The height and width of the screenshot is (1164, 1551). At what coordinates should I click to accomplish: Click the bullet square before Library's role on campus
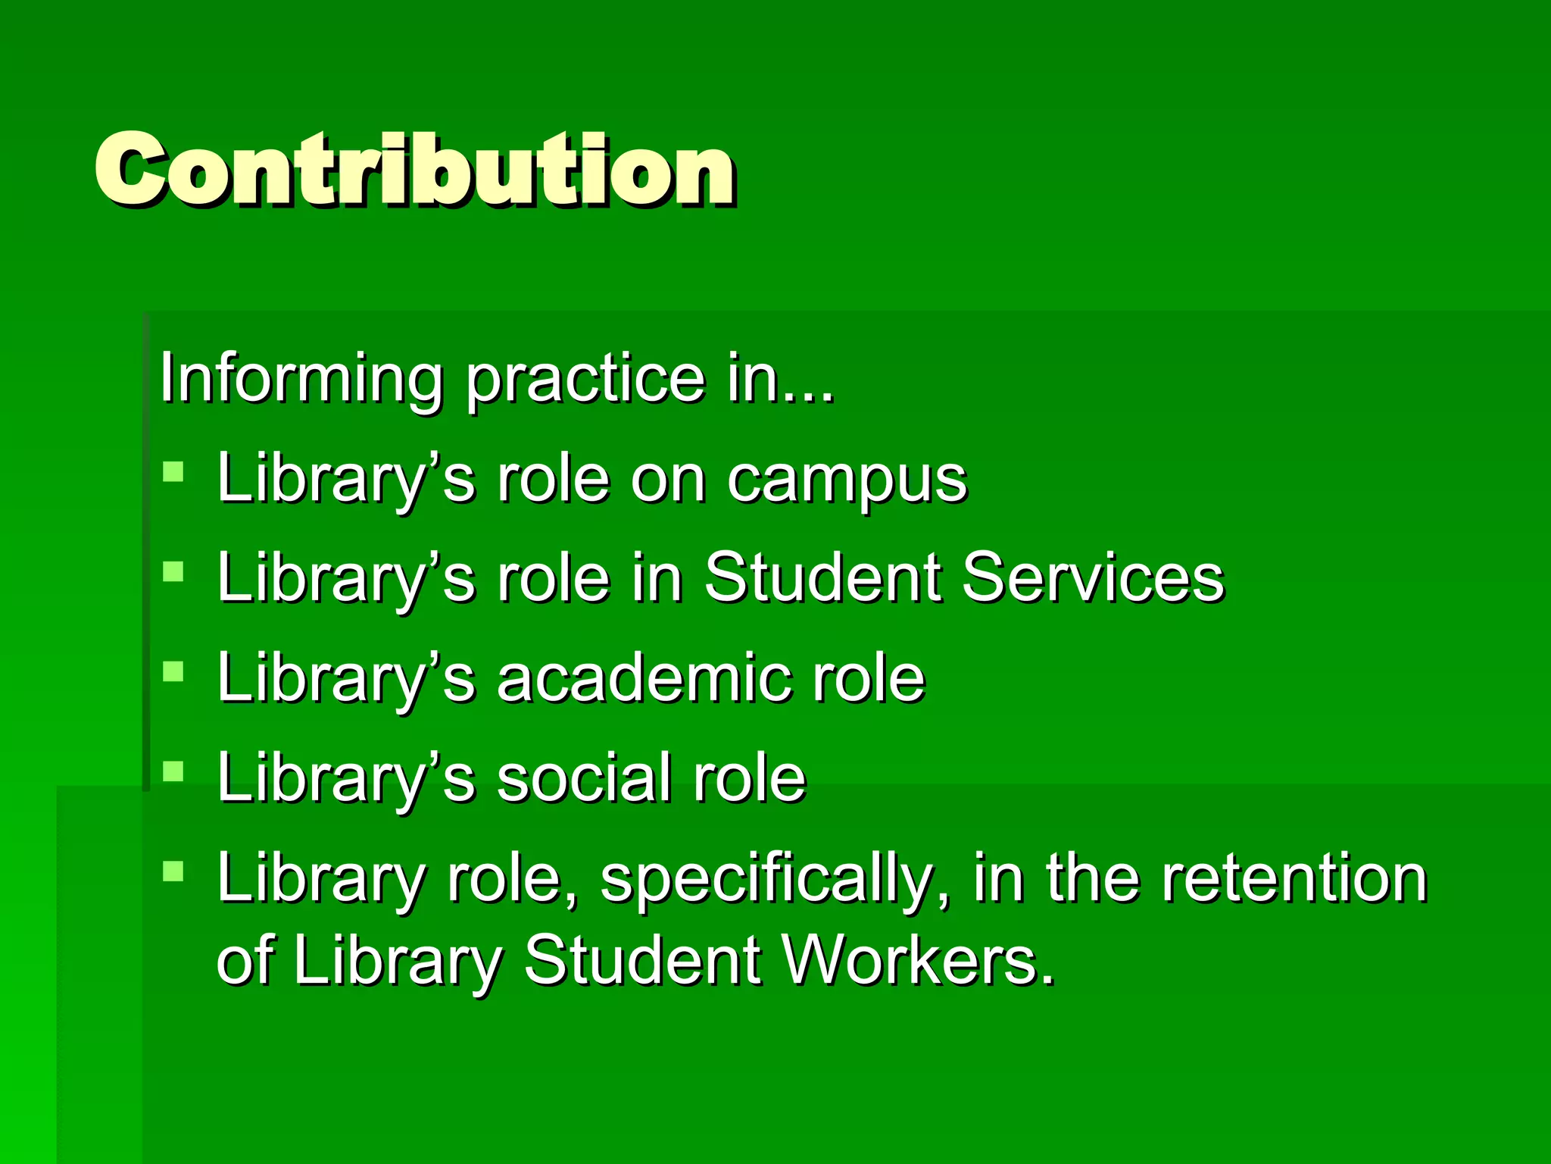[173, 472]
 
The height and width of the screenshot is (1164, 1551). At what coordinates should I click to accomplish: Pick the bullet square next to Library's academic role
[173, 671]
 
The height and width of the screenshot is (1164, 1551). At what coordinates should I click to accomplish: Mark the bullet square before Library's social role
[173, 771]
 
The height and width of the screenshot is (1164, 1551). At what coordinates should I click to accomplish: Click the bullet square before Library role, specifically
[173, 871]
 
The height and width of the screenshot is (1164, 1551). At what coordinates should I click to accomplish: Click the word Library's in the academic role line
[345, 679]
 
